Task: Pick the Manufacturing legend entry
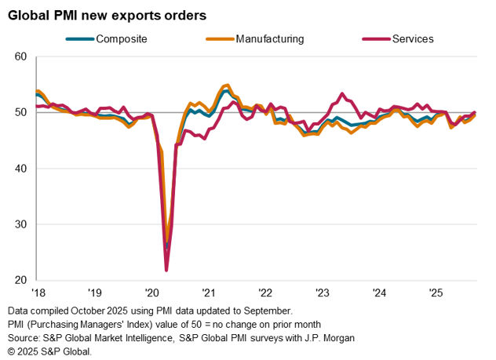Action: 268,38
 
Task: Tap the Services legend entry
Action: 412,38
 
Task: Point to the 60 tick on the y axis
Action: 21,56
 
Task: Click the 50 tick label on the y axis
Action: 21,112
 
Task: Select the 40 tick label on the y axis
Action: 21,169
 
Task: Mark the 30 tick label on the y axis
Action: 21,224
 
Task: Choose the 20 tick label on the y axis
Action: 21,280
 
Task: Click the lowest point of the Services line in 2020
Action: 166,271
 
